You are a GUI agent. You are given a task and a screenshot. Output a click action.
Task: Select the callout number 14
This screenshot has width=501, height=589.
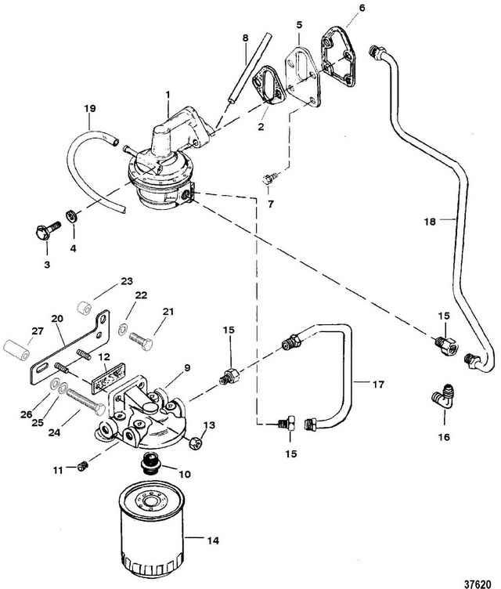pos(213,540)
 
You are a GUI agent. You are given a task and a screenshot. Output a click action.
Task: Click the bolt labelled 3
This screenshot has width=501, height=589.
pos(47,229)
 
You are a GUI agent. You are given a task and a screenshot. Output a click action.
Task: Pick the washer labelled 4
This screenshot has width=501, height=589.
pos(71,216)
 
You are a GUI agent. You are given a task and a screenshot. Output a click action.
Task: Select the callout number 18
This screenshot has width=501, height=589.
pos(430,222)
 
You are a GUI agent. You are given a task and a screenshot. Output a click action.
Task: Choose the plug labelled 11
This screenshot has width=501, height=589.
pos(83,466)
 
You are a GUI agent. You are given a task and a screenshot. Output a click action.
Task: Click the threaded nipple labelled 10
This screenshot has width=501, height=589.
pos(150,463)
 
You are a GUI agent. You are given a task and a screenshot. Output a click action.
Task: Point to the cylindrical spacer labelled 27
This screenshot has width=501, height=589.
pos(16,349)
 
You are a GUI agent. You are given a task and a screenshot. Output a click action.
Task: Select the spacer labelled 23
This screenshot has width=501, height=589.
pos(84,308)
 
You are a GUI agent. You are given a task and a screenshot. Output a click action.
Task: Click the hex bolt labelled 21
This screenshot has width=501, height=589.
pos(141,341)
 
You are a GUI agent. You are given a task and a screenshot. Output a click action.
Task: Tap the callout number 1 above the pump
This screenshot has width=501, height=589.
pos(168,94)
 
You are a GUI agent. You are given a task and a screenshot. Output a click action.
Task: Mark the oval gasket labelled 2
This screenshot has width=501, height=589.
pos(269,85)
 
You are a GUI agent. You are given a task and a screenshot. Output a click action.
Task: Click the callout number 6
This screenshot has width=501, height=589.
pos(362,8)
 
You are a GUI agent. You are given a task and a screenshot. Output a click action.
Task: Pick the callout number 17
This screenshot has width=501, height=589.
pos(378,385)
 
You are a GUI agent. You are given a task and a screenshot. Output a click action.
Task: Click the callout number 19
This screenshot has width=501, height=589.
pos(89,109)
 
